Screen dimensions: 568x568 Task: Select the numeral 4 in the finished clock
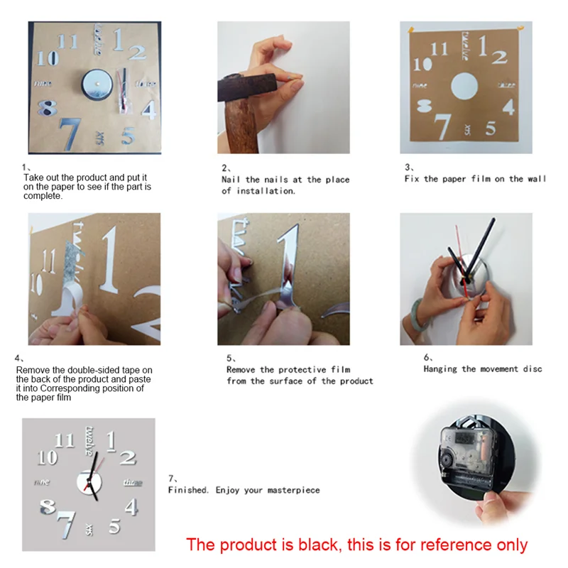pyautogui.click(x=131, y=506)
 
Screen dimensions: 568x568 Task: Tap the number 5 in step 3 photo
pyautogui.click(x=491, y=129)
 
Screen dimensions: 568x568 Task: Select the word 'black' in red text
pyautogui.click(x=320, y=545)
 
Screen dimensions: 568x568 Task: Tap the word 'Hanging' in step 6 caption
pyautogui.click(x=440, y=368)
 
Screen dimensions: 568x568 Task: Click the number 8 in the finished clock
pyautogui.click(x=47, y=507)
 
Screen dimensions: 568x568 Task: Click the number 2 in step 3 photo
pyautogui.click(x=501, y=56)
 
